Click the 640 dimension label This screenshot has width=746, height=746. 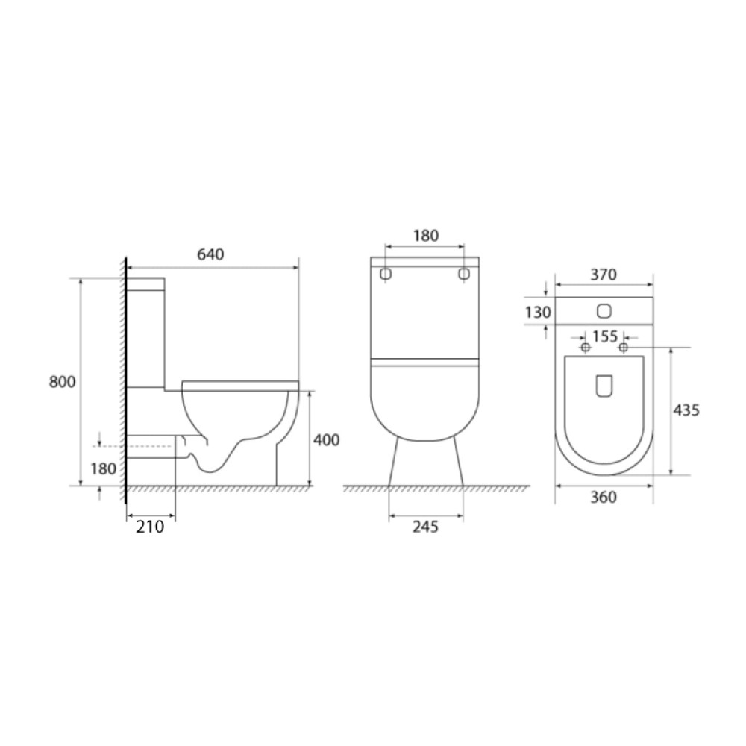coord(210,254)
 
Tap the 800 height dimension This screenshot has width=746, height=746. coord(63,381)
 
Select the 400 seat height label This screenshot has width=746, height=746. coord(327,440)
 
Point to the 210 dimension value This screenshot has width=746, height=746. coord(151,527)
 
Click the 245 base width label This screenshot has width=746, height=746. coord(425,527)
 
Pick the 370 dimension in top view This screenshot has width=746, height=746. coord(604,275)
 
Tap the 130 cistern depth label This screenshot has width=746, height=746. coord(538,313)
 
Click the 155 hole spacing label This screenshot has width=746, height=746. coord(605,336)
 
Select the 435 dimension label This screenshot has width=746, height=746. coord(686,410)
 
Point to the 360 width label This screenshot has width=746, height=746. coord(604,497)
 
